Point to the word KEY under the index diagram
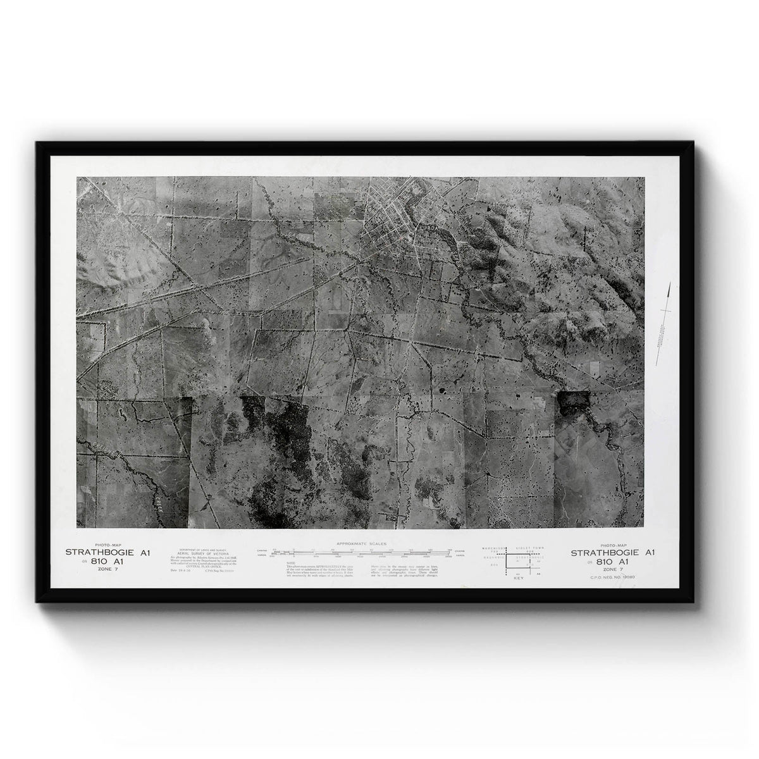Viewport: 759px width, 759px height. (519, 578)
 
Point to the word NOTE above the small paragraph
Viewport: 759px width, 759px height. (290, 562)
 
